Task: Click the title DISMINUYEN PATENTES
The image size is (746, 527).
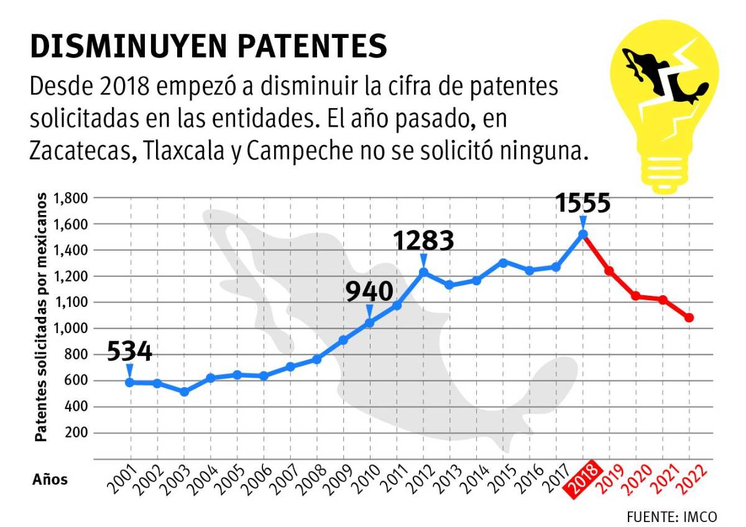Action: [x=208, y=47]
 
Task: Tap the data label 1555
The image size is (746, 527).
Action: [x=583, y=203]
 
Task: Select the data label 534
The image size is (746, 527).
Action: [x=129, y=352]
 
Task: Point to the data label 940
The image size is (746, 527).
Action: [x=369, y=292]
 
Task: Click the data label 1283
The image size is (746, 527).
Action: [x=423, y=241]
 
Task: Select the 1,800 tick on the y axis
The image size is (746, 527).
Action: [x=72, y=198]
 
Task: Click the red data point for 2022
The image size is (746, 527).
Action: [x=689, y=318]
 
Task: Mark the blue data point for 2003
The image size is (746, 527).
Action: [x=184, y=392]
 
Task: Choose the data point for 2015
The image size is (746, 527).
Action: [x=504, y=262]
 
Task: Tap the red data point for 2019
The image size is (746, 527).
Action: [x=609, y=270]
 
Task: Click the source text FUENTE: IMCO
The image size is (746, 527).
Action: [x=671, y=516]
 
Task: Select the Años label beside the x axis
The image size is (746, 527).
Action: [x=50, y=479]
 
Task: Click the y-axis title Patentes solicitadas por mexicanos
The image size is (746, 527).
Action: [x=41, y=317]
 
